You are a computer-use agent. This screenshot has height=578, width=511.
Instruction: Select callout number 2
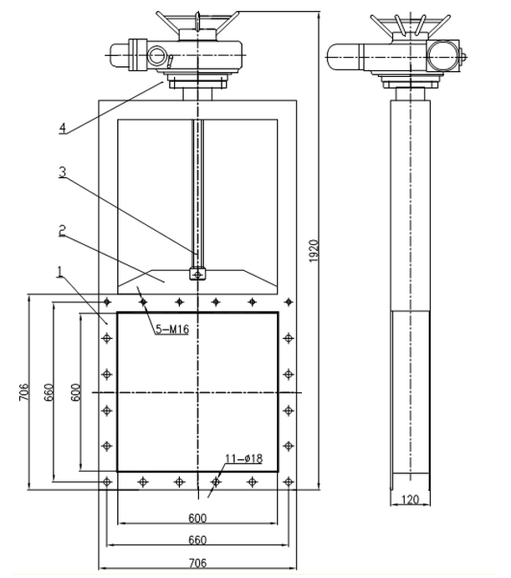coord(62,227)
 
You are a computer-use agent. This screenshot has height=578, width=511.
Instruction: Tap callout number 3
coord(62,173)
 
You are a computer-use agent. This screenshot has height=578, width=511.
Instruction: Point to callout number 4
coord(62,128)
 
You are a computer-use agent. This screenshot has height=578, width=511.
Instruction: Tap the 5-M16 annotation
coord(172,330)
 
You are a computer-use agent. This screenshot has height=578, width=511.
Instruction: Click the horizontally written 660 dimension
coord(197,539)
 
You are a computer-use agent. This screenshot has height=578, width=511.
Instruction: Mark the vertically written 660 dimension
coord(49,393)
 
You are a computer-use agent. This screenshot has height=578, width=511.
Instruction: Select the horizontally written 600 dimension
coord(197,516)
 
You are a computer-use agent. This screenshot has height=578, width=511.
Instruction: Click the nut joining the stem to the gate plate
coord(197,273)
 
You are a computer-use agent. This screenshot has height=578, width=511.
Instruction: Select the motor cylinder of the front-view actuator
coord(125,54)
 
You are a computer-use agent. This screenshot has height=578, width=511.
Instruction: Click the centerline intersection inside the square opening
coord(197,392)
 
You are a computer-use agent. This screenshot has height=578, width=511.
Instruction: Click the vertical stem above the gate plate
coord(197,192)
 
